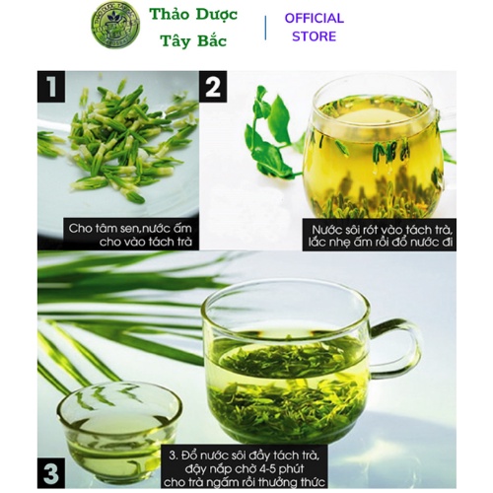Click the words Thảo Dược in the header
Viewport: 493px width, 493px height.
pyautogui.click(x=193, y=15)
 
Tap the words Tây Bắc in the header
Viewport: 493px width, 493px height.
pyautogui.click(x=193, y=41)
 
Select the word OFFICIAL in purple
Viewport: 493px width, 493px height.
pyautogui.click(x=315, y=18)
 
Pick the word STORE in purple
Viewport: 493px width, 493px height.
pyautogui.click(x=315, y=36)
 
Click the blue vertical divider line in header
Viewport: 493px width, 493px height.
pyautogui.click(x=265, y=28)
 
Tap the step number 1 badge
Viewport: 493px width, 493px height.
pyautogui.click(x=51, y=87)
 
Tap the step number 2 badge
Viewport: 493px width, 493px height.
pyautogui.click(x=213, y=87)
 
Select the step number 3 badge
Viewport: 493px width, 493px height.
pyautogui.click(x=51, y=472)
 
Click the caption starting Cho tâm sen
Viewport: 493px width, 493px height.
pyautogui.click(x=130, y=235)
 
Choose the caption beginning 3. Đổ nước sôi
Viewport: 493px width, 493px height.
pyautogui.click(x=245, y=469)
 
